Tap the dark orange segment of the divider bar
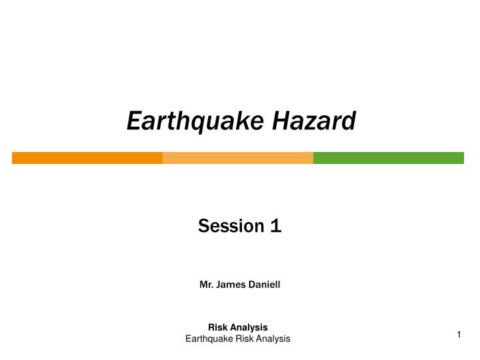(x=87, y=158)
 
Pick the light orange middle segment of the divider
(x=237, y=158)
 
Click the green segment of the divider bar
(x=388, y=158)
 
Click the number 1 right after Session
(x=275, y=227)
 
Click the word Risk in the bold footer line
(x=217, y=327)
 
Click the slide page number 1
(x=459, y=335)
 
